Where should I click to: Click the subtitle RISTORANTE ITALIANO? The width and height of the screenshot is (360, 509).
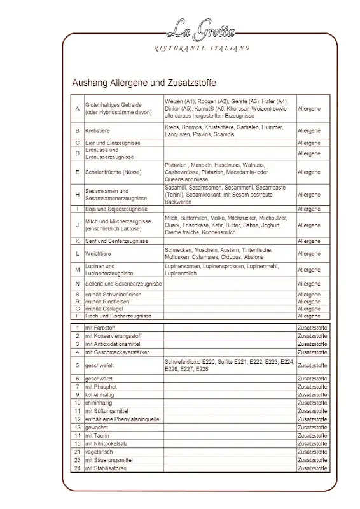click(202, 48)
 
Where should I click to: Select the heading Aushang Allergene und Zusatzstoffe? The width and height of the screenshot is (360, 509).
click(144, 83)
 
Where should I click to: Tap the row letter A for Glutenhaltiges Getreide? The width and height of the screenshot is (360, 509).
click(77, 109)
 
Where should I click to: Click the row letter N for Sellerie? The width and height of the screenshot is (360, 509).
click(77, 284)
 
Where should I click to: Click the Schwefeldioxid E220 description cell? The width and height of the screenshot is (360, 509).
click(229, 365)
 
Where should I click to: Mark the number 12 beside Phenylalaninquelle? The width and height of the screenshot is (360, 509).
click(77, 419)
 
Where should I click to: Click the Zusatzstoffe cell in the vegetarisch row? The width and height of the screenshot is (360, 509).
click(312, 452)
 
